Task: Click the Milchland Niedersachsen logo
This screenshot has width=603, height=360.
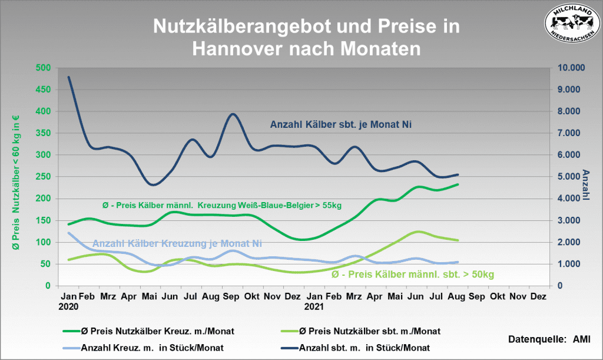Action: click(x=572, y=22)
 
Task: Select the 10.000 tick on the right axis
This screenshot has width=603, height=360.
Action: click(x=568, y=68)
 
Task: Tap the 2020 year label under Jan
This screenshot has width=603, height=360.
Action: click(x=69, y=307)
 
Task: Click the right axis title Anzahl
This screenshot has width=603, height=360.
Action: click(x=587, y=184)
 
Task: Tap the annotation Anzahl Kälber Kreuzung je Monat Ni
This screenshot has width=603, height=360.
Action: click(x=177, y=243)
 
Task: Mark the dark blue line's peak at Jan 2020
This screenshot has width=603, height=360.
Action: click(x=69, y=77)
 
